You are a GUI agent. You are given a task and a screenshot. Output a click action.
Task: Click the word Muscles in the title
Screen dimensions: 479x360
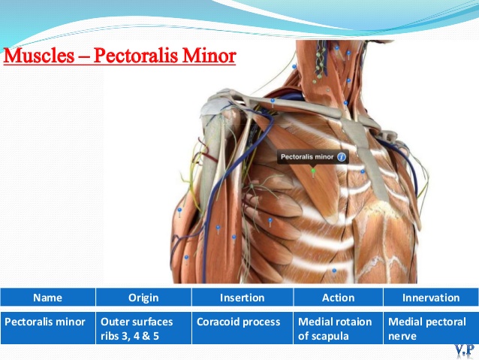tap(39, 56)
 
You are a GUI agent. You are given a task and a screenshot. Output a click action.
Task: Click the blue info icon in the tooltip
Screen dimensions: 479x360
tap(341, 157)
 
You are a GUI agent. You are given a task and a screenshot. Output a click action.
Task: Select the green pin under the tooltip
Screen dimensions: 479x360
tap(313, 171)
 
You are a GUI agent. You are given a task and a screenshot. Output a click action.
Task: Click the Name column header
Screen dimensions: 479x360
tap(47, 298)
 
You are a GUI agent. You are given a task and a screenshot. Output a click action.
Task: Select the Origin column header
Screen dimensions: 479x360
tap(143, 298)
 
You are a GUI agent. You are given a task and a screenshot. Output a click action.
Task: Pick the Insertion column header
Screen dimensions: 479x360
tap(243, 298)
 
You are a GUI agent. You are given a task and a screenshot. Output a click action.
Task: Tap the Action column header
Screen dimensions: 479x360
tap(338, 298)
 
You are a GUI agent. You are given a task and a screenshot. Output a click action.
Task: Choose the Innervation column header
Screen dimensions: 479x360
tap(431, 298)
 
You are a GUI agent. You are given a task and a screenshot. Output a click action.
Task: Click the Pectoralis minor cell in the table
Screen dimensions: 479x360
tap(47, 328)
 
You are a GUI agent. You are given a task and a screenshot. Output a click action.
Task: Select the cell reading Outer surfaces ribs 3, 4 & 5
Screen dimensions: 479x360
tap(143, 328)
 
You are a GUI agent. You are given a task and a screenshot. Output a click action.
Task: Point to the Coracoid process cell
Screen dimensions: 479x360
tap(243, 328)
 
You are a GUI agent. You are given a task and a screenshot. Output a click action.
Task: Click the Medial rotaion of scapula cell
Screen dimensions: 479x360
tap(338, 328)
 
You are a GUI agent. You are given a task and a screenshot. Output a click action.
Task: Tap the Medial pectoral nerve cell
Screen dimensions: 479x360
tap(431, 328)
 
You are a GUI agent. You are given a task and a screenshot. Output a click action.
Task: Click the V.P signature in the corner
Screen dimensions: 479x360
tap(464, 350)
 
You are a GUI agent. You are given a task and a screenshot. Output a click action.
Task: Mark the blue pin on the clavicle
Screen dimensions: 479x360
tap(273, 101)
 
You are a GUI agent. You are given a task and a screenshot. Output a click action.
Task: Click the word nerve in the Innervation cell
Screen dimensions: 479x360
tap(402, 337)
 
